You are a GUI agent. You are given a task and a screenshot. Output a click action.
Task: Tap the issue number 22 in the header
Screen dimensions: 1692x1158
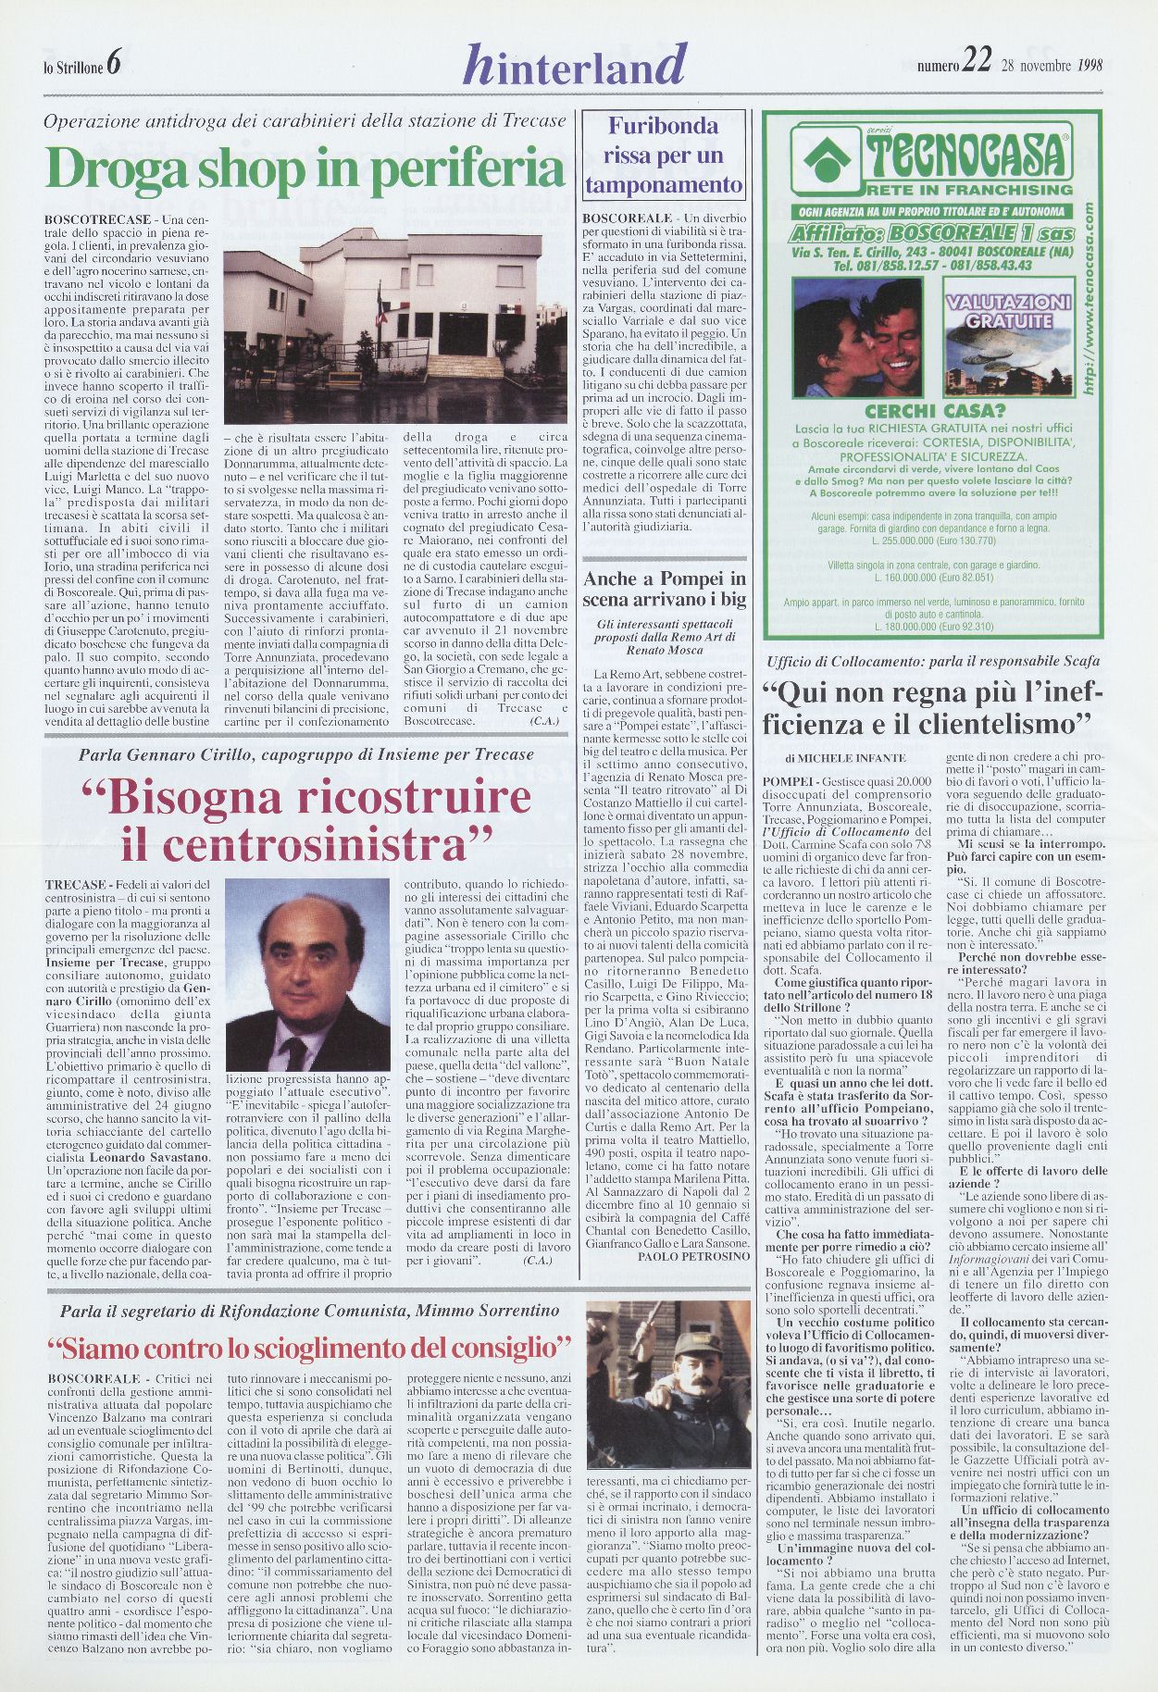tap(976, 61)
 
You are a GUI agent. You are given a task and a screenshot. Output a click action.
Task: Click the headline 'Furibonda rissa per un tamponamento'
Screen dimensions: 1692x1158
tap(664, 155)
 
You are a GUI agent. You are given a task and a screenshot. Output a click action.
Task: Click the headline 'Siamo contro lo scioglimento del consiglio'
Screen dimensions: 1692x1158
tap(309, 1343)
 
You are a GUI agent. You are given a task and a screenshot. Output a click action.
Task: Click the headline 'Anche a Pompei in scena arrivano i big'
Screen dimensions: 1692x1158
tap(664, 589)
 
